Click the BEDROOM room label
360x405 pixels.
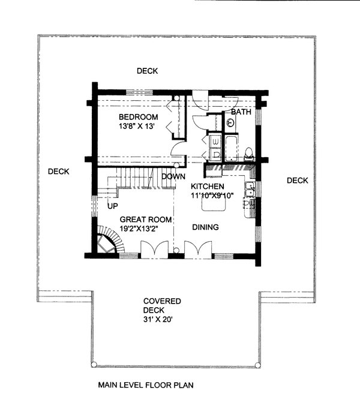point(138,116)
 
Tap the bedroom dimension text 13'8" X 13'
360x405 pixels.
point(137,127)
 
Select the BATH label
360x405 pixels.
point(241,112)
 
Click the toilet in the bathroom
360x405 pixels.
point(250,154)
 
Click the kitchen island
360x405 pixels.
point(214,205)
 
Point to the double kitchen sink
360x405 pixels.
point(249,191)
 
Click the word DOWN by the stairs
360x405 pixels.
point(173,176)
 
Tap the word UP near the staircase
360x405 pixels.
point(112,206)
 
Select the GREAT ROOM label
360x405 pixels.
point(146,219)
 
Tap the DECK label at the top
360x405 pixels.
point(147,71)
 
